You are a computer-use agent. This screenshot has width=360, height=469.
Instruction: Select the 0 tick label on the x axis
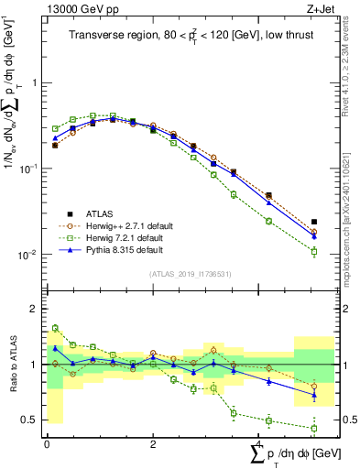click(47, 443)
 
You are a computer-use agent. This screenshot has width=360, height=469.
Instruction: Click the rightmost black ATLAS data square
click(314, 222)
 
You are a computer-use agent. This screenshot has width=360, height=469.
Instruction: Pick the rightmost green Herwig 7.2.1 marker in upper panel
click(314, 251)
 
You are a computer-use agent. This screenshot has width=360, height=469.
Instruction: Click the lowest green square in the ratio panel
click(314, 428)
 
